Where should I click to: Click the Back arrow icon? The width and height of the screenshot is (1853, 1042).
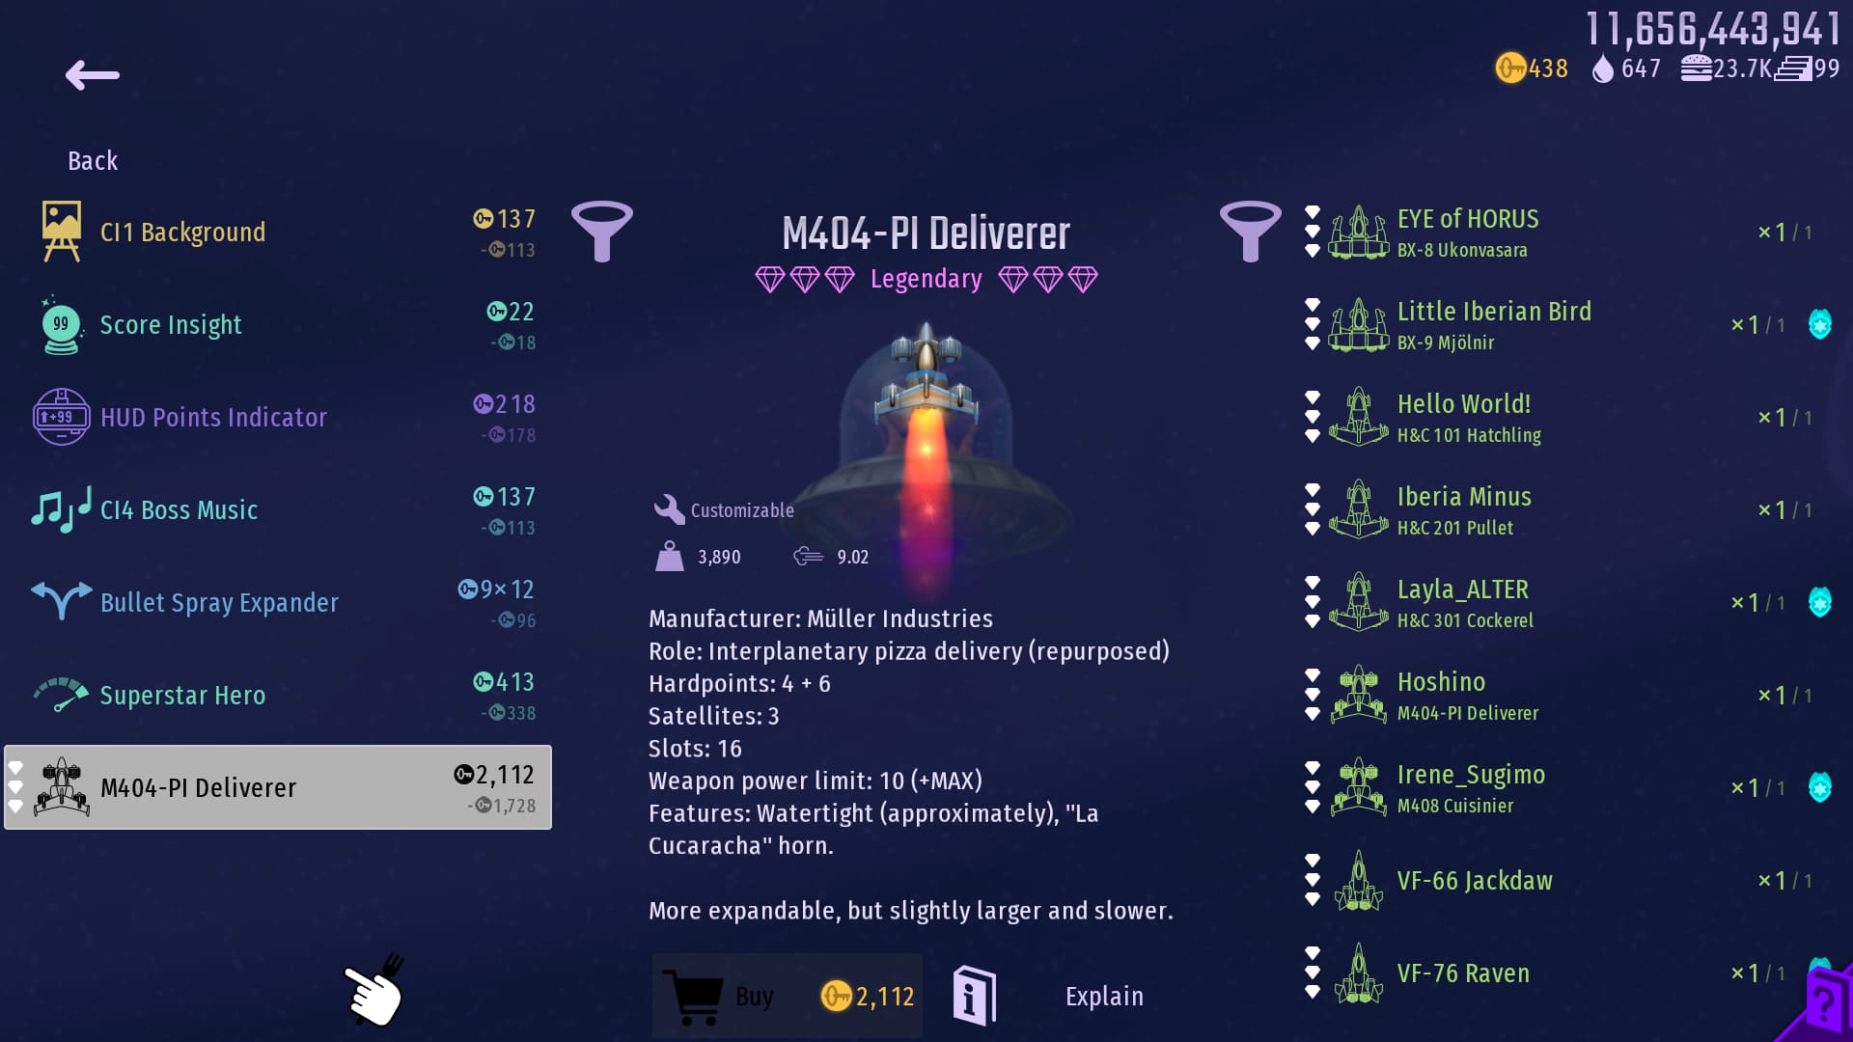(x=93, y=75)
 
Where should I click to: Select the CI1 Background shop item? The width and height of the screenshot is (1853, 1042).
(x=182, y=233)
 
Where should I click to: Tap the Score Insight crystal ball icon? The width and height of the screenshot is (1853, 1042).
(x=61, y=325)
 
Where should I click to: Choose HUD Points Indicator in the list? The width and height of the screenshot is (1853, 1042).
(x=213, y=418)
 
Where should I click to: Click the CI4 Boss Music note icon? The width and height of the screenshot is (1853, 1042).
(x=60, y=509)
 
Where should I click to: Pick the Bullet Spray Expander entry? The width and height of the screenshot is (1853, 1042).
(x=219, y=603)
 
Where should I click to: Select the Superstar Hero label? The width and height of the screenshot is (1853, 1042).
(x=182, y=696)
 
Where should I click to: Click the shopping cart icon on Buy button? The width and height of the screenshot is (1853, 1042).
(x=693, y=997)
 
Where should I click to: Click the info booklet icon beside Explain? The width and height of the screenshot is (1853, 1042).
(x=974, y=996)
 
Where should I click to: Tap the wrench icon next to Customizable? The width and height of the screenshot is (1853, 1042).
(x=669, y=509)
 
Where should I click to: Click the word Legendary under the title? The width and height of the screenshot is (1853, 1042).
(x=926, y=279)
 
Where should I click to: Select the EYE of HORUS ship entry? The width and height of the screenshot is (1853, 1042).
(x=1467, y=233)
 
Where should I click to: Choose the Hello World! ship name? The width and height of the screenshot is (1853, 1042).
(x=1463, y=404)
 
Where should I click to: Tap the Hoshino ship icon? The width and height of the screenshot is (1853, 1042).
(x=1358, y=695)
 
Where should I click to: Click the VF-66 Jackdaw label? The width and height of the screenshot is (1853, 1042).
(x=1474, y=881)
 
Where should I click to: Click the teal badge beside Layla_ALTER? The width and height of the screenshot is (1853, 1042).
(x=1819, y=602)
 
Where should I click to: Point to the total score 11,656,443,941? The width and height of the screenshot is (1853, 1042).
(x=1713, y=30)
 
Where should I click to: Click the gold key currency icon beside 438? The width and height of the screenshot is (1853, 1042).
(x=1509, y=69)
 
